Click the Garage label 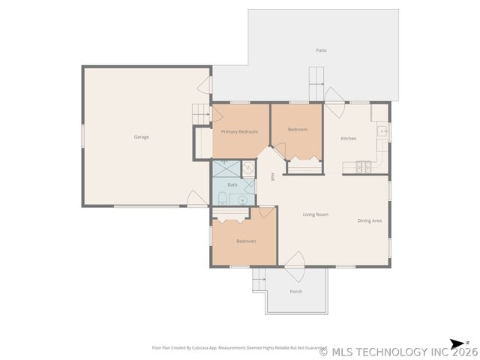pos(141,137)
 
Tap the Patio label pos(321,50)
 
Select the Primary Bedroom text pos(239,132)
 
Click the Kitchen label pos(349,139)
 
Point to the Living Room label pos(316,215)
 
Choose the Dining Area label pos(370,220)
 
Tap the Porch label pos(296,292)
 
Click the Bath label pos(232,184)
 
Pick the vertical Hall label pos(272,177)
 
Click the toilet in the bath pos(223,198)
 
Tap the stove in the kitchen pos(364,166)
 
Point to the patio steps pos(318,76)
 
